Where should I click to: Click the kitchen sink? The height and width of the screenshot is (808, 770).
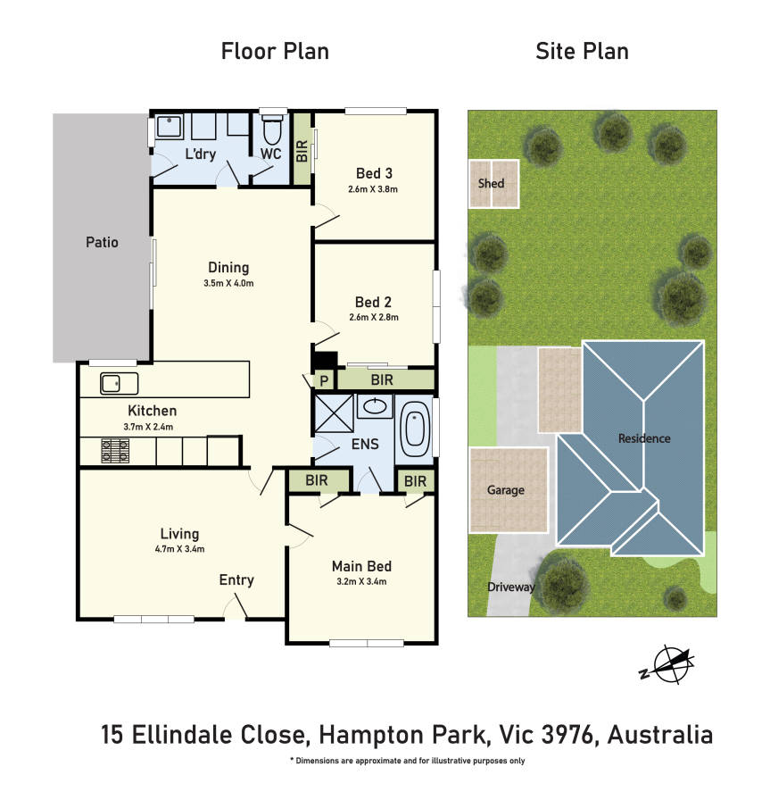pos(119,383)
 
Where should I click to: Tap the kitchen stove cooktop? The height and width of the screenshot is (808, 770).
pos(115,450)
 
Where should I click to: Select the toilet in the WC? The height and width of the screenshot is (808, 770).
pos(272,129)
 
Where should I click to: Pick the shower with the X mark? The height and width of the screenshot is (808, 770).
pos(334,413)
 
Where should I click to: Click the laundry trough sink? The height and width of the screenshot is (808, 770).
pos(169,126)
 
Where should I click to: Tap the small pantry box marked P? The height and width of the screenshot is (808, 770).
pos(324,381)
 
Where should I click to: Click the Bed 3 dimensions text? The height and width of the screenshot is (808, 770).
pos(373,189)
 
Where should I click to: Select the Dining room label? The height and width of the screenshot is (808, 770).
pos(228,268)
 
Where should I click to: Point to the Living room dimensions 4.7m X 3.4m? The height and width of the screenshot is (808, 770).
pos(179,549)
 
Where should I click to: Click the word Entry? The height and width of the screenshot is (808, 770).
pos(236,580)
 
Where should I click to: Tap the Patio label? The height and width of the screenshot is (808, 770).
pos(102,242)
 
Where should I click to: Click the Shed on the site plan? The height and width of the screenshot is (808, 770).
pos(493,184)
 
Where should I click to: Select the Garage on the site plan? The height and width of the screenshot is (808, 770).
pos(509,490)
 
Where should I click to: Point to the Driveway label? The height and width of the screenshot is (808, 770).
pos(511,587)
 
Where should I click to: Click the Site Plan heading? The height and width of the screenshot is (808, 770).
pos(582,52)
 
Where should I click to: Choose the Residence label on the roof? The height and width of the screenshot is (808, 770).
pos(644,438)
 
